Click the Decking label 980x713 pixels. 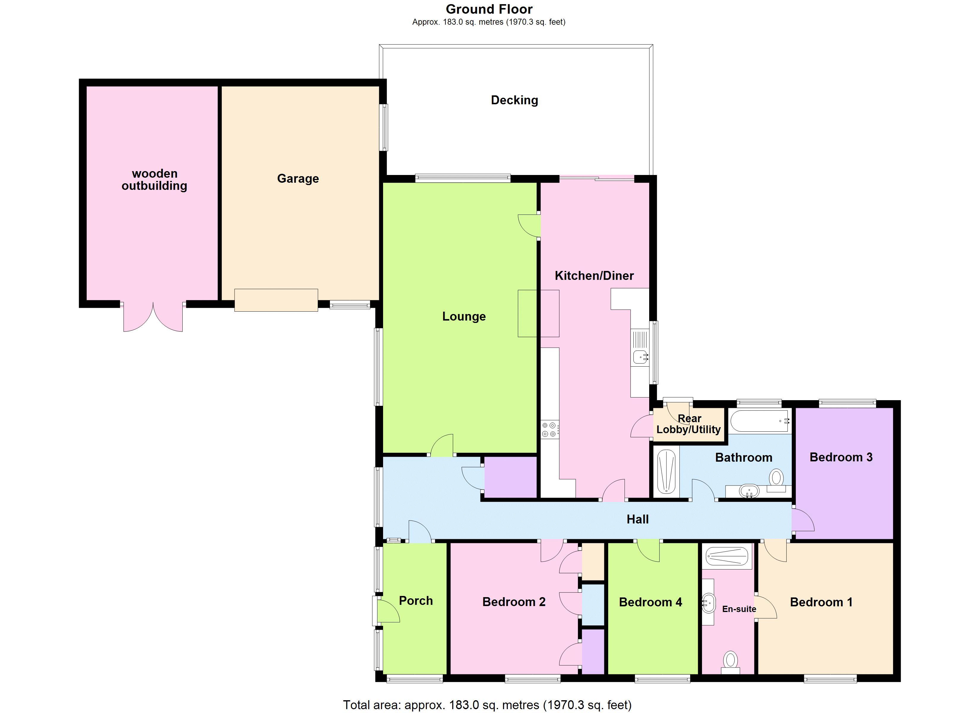click(x=514, y=100)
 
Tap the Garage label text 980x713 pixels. click(x=298, y=179)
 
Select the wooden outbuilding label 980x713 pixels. click(x=154, y=180)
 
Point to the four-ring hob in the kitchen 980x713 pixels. click(x=549, y=429)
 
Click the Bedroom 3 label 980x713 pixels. click(x=841, y=458)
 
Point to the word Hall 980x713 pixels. click(x=637, y=519)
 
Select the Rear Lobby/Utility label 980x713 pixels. click(x=688, y=424)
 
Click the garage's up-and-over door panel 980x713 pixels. click(x=276, y=300)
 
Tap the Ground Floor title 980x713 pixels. click(x=489, y=9)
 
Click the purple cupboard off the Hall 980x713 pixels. click(x=510, y=477)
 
